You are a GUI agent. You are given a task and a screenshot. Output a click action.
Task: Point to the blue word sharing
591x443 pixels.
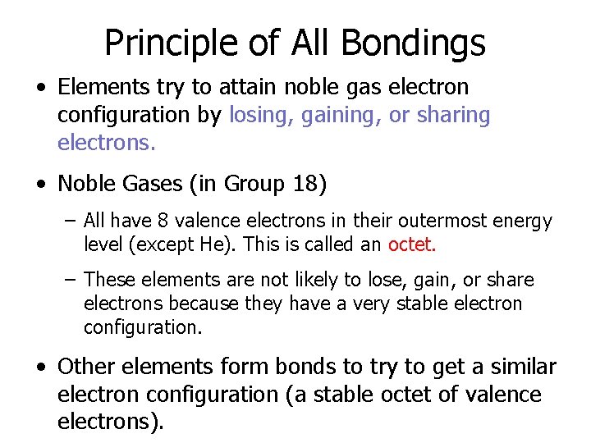pyautogui.click(x=453, y=116)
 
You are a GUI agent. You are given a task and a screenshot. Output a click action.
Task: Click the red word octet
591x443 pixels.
pyautogui.click(x=412, y=244)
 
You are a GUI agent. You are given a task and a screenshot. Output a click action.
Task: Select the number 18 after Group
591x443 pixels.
pyautogui.click(x=305, y=185)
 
